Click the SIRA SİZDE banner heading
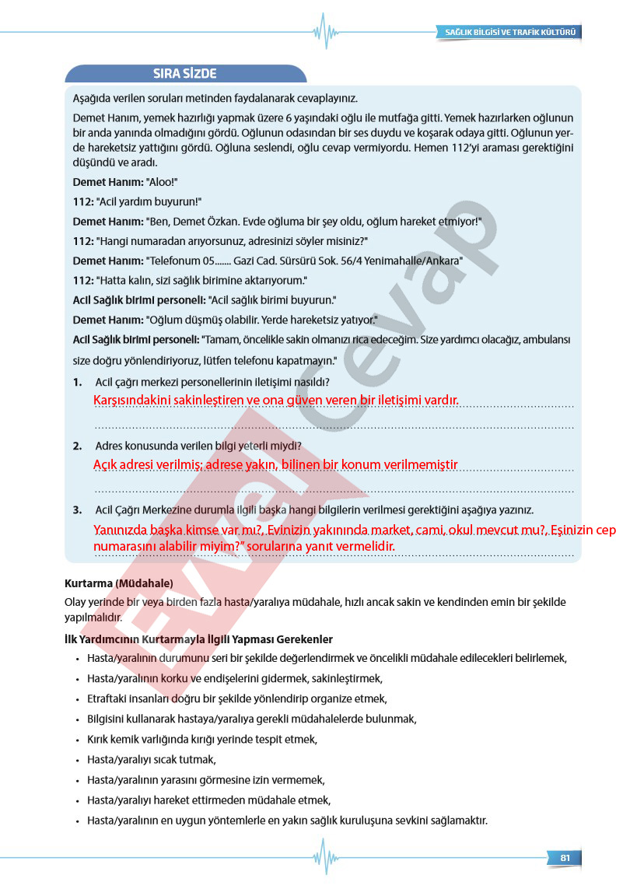184,74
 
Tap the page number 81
565,858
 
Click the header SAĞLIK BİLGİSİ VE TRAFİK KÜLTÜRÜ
510,33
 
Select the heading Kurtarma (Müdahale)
118,583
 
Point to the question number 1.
78,382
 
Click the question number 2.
78,446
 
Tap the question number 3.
78,509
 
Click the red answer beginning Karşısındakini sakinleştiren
275,400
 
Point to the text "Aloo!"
163,181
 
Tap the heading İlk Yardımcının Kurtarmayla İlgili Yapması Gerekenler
198,639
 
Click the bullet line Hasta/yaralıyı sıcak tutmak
151,759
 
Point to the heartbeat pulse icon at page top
325,31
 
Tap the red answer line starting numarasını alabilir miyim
243,546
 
